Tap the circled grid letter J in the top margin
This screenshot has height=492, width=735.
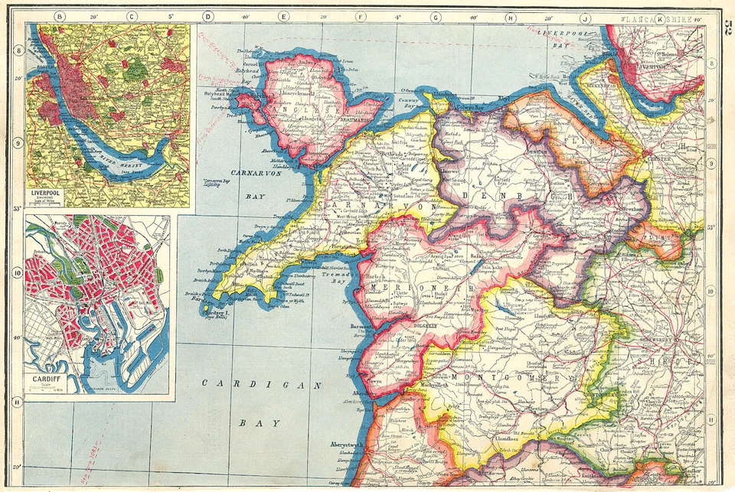click(584, 17)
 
